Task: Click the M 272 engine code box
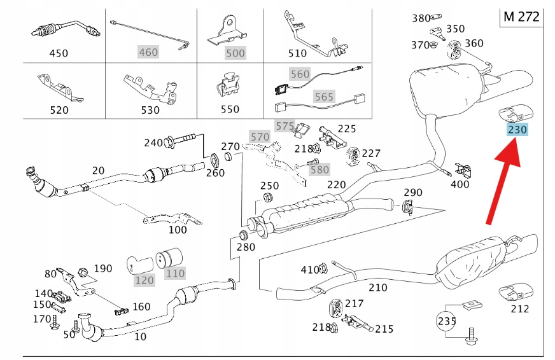coord(521,17)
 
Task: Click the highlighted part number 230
coord(517,130)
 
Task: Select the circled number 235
coord(447,322)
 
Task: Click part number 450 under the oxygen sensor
coord(59,53)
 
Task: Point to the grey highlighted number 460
coord(148,52)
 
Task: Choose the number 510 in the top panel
coord(315,53)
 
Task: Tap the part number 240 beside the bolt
coord(153,143)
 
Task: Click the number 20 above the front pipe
coord(98,170)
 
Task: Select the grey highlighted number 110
coord(175,273)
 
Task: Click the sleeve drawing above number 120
coord(140,261)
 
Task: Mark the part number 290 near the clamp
coord(413,192)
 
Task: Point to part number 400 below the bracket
coord(460,184)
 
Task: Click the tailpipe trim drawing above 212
coord(515,294)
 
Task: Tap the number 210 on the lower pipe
coord(377,287)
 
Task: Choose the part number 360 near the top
coord(474,43)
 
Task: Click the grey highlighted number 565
coord(323,97)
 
